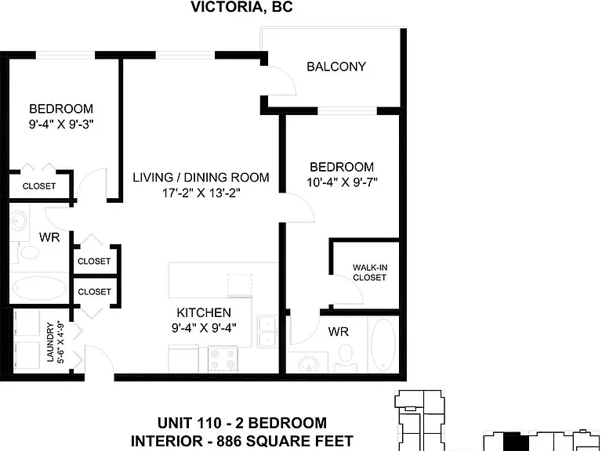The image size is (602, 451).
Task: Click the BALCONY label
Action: click(x=336, y=67)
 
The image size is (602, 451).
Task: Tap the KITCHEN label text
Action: click(x=204, y=312)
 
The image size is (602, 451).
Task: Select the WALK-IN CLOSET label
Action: click(x=370, y=272)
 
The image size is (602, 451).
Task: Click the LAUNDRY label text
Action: click(x=50, y=342)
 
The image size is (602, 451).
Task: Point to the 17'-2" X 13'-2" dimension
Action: click(x=201, y=193)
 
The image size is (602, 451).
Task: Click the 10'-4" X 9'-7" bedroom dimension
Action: click(x=342, y=182)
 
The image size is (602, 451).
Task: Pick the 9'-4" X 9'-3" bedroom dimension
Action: click(x=61, y=124)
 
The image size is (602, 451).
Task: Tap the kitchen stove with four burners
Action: click(x=223, y=359)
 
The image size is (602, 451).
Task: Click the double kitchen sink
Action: click(x=267, y=331)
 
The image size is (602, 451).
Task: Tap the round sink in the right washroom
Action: click(x=309, y=363)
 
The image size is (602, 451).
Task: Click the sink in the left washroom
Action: click(x=19, y=222)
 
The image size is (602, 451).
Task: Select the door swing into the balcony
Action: click(x=282, y=81)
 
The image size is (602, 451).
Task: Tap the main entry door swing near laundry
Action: click(x=100, y=359)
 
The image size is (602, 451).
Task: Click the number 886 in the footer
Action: click(x=229, y=441)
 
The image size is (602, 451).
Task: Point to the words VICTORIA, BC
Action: click(x=241, y=6)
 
